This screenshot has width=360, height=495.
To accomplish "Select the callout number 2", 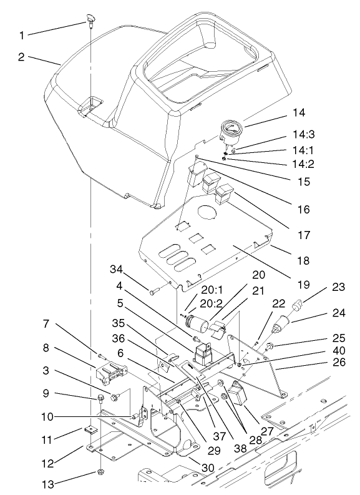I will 22,56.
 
